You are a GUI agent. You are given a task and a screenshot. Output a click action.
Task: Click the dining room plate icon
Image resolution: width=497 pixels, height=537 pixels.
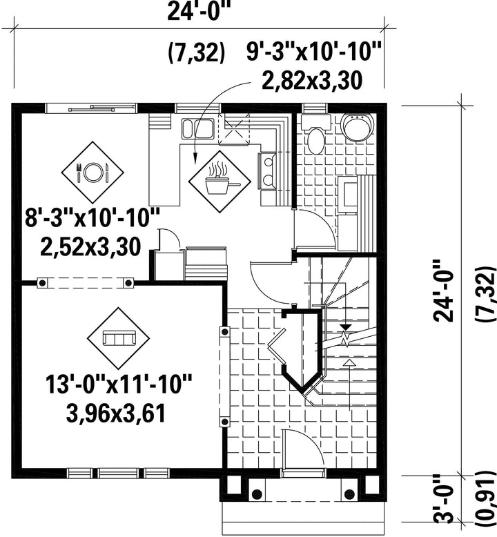92,172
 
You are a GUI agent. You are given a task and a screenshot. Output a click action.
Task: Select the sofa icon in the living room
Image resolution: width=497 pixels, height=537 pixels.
119,338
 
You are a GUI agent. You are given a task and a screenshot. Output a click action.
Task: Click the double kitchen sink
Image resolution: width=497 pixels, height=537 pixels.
198,129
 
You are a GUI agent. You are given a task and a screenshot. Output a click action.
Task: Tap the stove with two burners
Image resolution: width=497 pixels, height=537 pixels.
269,170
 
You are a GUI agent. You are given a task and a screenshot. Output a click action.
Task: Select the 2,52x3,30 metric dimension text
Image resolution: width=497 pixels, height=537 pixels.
90,246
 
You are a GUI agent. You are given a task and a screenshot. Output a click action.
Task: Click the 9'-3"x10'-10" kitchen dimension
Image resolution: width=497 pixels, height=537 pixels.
314,52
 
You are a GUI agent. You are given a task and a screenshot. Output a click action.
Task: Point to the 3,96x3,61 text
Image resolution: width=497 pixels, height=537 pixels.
116,413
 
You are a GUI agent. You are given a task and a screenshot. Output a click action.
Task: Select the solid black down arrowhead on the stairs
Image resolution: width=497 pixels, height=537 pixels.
346,327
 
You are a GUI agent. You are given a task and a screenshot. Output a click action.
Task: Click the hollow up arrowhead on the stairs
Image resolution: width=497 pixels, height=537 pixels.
349,363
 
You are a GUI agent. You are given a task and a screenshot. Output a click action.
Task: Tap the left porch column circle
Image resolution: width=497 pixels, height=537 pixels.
257,494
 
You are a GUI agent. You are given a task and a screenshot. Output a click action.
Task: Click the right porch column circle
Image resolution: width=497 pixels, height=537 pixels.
349,494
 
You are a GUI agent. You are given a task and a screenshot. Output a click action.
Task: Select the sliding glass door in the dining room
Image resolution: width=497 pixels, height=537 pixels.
91,108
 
